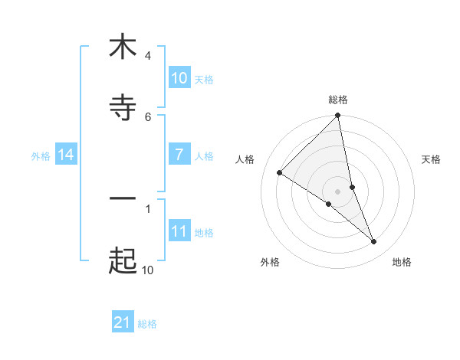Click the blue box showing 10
coord(179,78)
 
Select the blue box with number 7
coord(179,154)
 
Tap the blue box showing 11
coord(179,231)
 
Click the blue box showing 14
coord(66,155)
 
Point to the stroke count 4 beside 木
coord(147,56)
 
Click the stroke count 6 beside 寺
coord(147,116)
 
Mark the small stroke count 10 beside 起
coord(147,270)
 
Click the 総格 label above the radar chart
coord(338,100)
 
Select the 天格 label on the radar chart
coord(432,159)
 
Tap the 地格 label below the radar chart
coord(402,262)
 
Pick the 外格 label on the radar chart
coord(270,262)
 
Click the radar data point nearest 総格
coord(338,116)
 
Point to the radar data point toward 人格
coord(280,173)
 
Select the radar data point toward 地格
coord(374,242)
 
